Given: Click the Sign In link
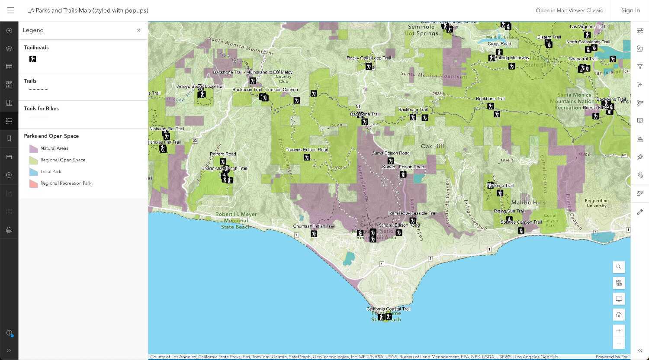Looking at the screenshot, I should click(630, 10).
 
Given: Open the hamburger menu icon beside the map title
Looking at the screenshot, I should click(10, 10).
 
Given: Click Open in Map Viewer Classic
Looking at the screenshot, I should click(569, 10).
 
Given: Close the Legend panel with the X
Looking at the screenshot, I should click(138, 30).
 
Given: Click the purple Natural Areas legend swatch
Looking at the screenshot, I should click(34, 148).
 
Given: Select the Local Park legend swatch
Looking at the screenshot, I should click(34, 172).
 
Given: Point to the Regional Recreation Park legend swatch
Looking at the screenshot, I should click(34, 183).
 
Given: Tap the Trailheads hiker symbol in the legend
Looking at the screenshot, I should click(32, 59).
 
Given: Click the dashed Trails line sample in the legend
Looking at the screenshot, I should click(38, 90).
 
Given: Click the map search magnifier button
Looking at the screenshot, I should click(619, 267).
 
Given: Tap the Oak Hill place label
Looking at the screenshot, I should click(433, 146).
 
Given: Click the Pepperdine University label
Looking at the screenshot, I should click(597, 203).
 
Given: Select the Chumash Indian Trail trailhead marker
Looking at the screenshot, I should click(314, 234).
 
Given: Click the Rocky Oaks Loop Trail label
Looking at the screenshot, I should click(369, 58).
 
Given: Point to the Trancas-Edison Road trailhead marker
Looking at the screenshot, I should click(307, 157).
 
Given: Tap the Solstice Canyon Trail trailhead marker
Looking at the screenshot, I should click(521, 230).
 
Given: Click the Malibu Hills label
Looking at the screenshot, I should click(528, 202).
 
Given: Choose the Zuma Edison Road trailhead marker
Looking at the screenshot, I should click(391, 161).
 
